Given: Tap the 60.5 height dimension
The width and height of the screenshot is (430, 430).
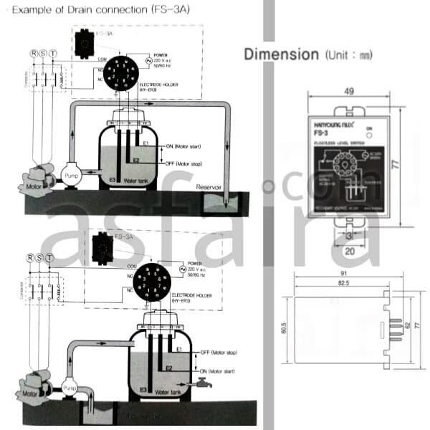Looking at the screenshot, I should [284, 328].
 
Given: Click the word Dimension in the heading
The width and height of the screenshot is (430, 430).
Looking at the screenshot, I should [281, 54].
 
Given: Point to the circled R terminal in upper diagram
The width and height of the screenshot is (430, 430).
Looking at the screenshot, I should [33, 53].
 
